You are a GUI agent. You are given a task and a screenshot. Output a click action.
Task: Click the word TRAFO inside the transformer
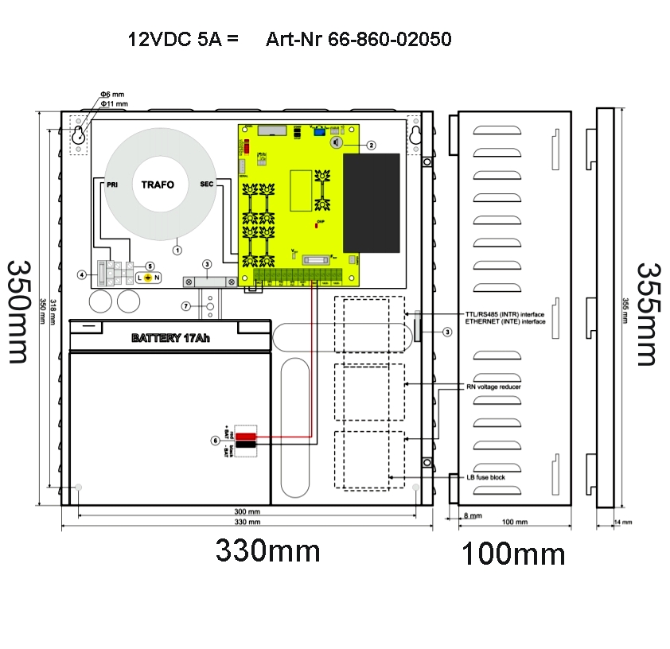158,185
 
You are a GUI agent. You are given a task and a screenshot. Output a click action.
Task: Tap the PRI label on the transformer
111,185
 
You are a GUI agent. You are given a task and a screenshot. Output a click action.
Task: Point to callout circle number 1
177,249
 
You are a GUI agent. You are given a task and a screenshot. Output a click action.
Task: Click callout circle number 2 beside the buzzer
370,145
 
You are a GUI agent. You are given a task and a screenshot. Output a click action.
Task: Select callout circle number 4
81,274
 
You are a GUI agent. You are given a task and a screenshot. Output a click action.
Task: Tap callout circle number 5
150,266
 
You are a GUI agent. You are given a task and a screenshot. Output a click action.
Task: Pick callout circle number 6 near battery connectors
214,440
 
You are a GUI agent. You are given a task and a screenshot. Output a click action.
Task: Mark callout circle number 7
185,305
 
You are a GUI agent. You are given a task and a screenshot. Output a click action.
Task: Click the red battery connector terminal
246,437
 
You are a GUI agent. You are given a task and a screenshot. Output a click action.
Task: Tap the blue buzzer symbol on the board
336,143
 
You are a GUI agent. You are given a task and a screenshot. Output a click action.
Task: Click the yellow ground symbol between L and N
147,278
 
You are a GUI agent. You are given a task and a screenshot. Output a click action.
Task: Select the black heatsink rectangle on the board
371,201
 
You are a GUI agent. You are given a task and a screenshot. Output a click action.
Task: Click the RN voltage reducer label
493,387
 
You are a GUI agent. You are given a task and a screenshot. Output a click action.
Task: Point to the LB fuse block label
486,477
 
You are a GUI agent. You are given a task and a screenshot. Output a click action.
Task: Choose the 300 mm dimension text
247,511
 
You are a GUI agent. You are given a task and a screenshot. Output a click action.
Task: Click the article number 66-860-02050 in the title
359,39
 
